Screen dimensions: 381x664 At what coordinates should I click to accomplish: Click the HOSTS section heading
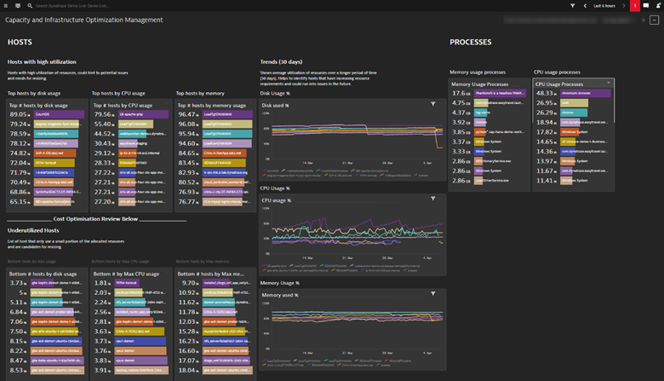tap(20, 42)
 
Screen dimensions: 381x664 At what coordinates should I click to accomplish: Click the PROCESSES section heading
tap(470, 42)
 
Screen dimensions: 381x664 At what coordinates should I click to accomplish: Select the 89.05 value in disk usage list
tap(18, 113)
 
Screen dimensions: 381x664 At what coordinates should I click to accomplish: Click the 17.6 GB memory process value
tap(460, 94)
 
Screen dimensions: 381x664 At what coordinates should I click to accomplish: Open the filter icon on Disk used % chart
tap(432, 104)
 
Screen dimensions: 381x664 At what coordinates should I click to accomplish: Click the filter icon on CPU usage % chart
tap(432, 199)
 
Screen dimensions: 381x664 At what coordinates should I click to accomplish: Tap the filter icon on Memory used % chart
tap(432, 293)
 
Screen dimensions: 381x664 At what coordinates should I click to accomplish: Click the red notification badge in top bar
tap(634, 6)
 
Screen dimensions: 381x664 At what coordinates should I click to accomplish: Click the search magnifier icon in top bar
tap(30, 6)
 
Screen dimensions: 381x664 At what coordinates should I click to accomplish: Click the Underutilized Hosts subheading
tap(33, 230)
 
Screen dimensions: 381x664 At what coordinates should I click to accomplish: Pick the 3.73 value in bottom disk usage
tap(18, 283)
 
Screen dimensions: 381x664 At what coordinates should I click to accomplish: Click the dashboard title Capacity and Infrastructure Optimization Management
tap(85, 20)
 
